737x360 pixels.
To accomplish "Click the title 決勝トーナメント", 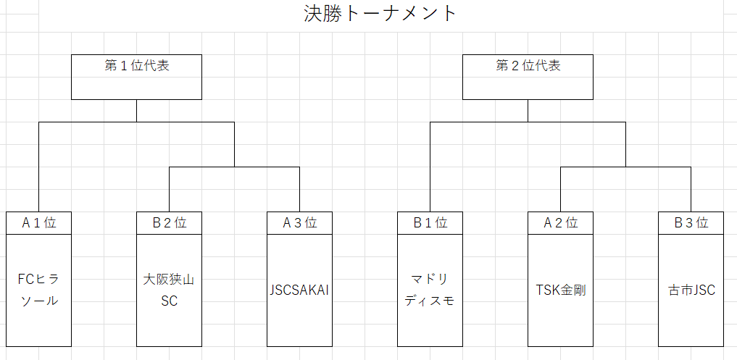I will pyautogui.click(x=380, y=14).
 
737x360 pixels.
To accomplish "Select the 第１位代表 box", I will pyautogui.click(x=136, y=77).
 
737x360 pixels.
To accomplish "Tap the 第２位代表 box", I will pyautogui.click(x=528, y=77).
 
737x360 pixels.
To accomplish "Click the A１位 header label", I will pyautogui.click(x=39, y=223).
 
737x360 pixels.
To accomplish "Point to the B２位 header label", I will pyautogui.click(x=169, y=223).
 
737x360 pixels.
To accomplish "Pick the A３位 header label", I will pyautogui.click(x=299, y=223).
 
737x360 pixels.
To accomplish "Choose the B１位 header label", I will pyautogui.click(x=430, y=223).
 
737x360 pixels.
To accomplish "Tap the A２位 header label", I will pyautogui.click(x=560, y=223).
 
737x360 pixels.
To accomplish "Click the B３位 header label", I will pyautogui.click(x=691, y=223).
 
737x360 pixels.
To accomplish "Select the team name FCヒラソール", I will pyautogui.click(x=39, y=290).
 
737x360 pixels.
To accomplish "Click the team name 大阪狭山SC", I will pyautogui.click(x=169, y=290).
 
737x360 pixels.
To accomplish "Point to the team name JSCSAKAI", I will pyautogui.click(x=299, y=290).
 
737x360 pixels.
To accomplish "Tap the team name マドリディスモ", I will pyautogui.click(x=430, y=290).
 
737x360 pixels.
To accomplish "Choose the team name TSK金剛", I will pyautogui.click(x=560, y=290).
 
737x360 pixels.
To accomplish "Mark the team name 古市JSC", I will pyautogui.click(x=691, y=290).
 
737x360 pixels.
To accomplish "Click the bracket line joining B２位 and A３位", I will pyautogui.click(x=234, y=167).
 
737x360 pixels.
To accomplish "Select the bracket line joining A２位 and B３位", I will pyautogui.click(x=625, y=167).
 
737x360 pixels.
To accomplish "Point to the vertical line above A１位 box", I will pyautogui.click(x=39, y=167).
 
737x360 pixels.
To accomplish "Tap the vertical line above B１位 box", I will pyautogui.click(x=430, y=167).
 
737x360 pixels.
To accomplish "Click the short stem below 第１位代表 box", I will pyautogui.click(x=136, y=111).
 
